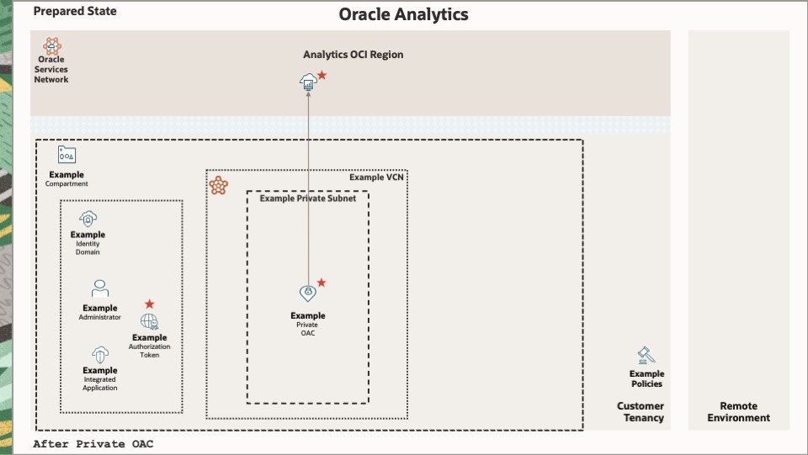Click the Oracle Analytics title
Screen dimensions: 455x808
pyautogui.click(x=403, y=14)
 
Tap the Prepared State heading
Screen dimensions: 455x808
pyautogui.click(x=75, y=12)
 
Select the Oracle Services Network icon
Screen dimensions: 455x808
pyautogui.click(x=51, y=45)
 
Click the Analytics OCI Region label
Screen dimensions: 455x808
pyautogui.click(x=353, y=55)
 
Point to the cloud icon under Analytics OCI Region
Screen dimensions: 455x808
pyautogui.click(x=308, y=81)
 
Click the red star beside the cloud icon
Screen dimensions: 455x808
pyautogui.click(x=322, y=76)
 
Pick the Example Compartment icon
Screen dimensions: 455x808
pyautogui.click(x=66, y=155)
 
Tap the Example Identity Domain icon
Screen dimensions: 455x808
pyautogui.click(x=88, y=219)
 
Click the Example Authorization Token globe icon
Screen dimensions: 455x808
pyautogui.click(x=150, y=321)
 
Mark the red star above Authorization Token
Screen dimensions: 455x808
pyautogui.click(x=150, y=304)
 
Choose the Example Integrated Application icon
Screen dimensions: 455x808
pyautogui.click(x=100, y=353)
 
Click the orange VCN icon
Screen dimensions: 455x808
pyautogui.click(x=219, y=186)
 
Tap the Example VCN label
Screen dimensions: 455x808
pyautogui.click(x=377, y=177)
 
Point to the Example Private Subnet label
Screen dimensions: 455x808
pyautogui.click(x=307, y=198)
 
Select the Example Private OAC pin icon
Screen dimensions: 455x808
pyautogui.click(x=308, y=294)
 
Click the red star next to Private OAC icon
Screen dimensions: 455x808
pyautogui.click(x=322, y=283)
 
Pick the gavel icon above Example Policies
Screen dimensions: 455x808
pyautogui.click(x=646, y=356)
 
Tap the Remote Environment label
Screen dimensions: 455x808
pyautogui.click(x=738, y=412)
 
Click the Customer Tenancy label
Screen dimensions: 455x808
pyautogui.click(x=641, y=412)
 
